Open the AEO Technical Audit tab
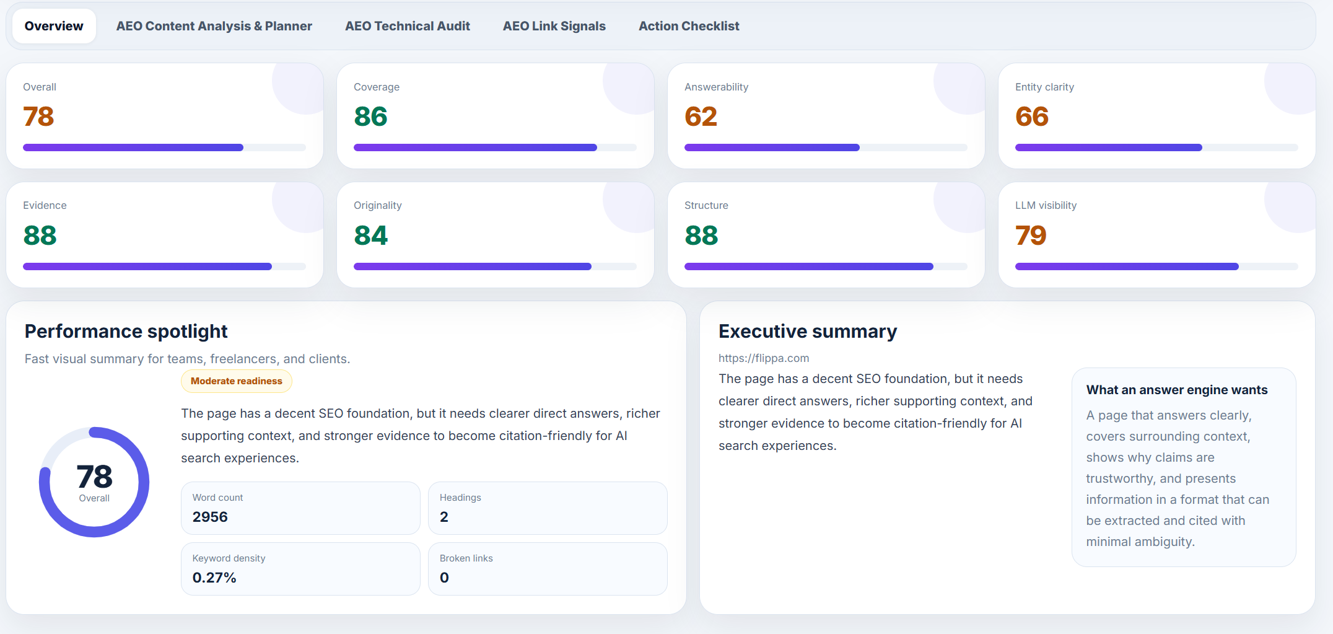tap(407, 26)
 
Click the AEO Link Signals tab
tap(554, 26)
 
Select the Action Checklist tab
tap(689, 26)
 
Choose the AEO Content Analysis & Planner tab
tap(214, 26)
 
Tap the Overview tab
tap(54, 26)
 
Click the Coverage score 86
tap(370, 117)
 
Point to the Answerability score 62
tap(701, 117)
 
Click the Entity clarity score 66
tap(1032, 117)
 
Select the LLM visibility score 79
tap(1031, 236)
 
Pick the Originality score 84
tap(370, 236)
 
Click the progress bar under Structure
tap(826, 266)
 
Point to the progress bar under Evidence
tap(164, 266)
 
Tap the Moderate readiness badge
tap(237, 381)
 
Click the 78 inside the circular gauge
tap(94, 477)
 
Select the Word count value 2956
tap(210, 517)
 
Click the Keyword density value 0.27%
tap(214, 578)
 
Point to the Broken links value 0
tap(444, 578)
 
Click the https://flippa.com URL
tap(764, 358)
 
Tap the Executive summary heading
tap(808, 332)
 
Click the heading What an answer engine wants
tap(1177, 390)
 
